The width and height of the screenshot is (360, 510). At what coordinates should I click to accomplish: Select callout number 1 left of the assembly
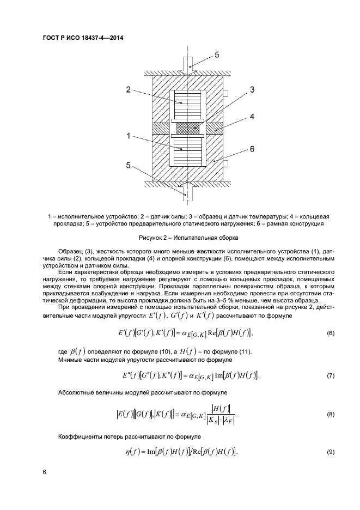coord(128,137)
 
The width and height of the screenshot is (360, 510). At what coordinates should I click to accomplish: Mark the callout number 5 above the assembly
coord(216,55)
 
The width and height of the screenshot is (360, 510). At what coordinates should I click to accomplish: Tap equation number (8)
coord(330,415)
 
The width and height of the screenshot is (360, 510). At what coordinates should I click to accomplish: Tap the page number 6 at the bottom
coord(44,472)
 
